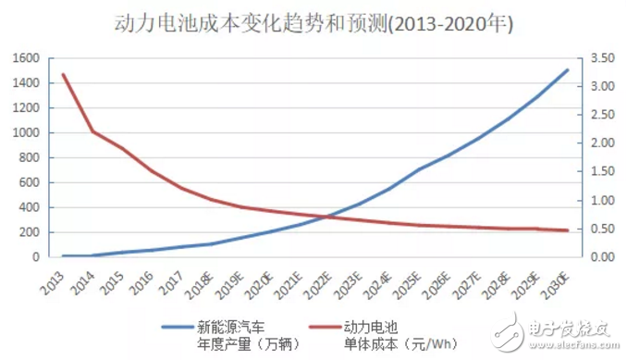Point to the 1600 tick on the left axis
[x=26, y=58]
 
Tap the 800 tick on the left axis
[x=29, y=157]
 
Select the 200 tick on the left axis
[x=29, y=231]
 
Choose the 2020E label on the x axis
[x=262, y=279]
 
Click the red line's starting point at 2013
[x=63, y=75]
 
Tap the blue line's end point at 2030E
[x=568, y=70]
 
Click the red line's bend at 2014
[x=92, y=131]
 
